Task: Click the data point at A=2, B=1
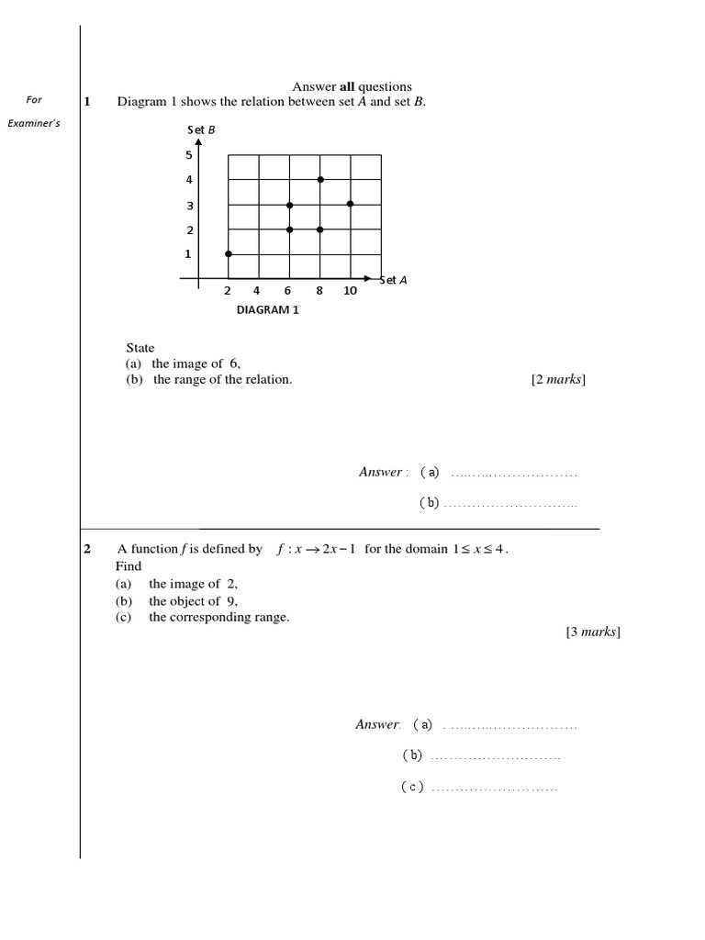click(229, 253)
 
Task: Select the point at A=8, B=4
click(320, 179)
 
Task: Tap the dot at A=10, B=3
click(351, 204)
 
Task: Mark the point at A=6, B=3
click(289, 205)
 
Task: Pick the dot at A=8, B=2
click(320, 229)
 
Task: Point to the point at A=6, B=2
click(289, 229)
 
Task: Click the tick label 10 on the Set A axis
click(351, 291)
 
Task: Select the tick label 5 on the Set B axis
click(189, 155)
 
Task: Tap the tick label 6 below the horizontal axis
click(287, 291)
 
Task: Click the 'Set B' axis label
click(201, 129)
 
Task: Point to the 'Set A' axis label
click(393, 280)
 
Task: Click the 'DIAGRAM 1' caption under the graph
click(268, 310)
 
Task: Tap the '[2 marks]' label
click(558, 380)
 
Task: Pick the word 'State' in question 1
click(140, 348)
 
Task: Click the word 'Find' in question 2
click(129, 566)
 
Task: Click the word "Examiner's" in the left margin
click(34, 123)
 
